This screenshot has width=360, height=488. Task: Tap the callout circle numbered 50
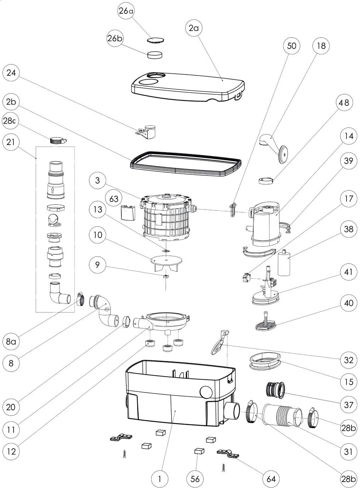[x=292, y=46]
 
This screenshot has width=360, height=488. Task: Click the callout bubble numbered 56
[x=195, y=479]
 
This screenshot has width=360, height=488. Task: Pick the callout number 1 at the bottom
[x=160, y=479]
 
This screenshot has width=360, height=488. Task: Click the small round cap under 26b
[x=155, y=55]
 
